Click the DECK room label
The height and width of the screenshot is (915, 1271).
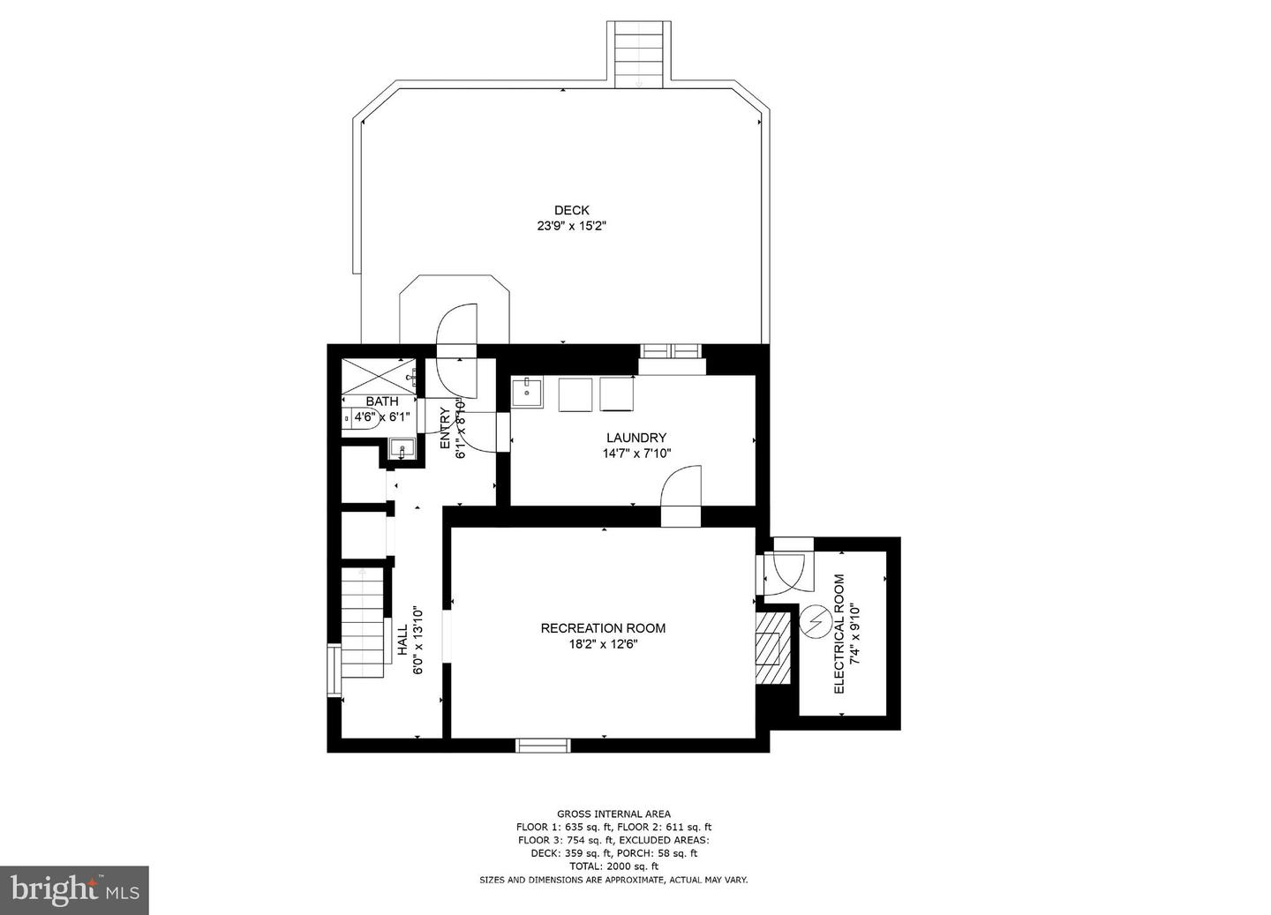[x=571, y=211]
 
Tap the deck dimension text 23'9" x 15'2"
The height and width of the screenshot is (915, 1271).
[x=571, y=227]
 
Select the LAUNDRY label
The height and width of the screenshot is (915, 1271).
[x=636, y=438]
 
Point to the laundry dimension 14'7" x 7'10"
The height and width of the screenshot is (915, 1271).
[x=636, y=454]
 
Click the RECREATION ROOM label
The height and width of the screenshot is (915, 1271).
[x=603, y=628]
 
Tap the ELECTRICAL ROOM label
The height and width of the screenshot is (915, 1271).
[x=839, y=634]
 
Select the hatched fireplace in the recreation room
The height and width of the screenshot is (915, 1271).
[x=772, y=648]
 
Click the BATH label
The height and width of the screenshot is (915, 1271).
[x=382, y=401]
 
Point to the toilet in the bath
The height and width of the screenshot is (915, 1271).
[x=361, y=418]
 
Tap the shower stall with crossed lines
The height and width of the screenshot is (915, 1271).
[x=379, y=376]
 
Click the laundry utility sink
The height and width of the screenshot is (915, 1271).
[x=527, y=392]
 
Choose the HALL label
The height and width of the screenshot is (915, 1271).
[x=402, y=640]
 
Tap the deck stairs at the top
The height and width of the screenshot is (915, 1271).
[x=639, y=55]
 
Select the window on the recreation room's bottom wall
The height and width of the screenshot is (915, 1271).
[x=543, y=746]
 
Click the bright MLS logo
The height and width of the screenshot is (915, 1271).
[x=74, y=890]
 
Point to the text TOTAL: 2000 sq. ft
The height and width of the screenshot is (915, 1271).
[x=614, y=866]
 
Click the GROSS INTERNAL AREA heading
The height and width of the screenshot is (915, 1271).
[x=614, y=814]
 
